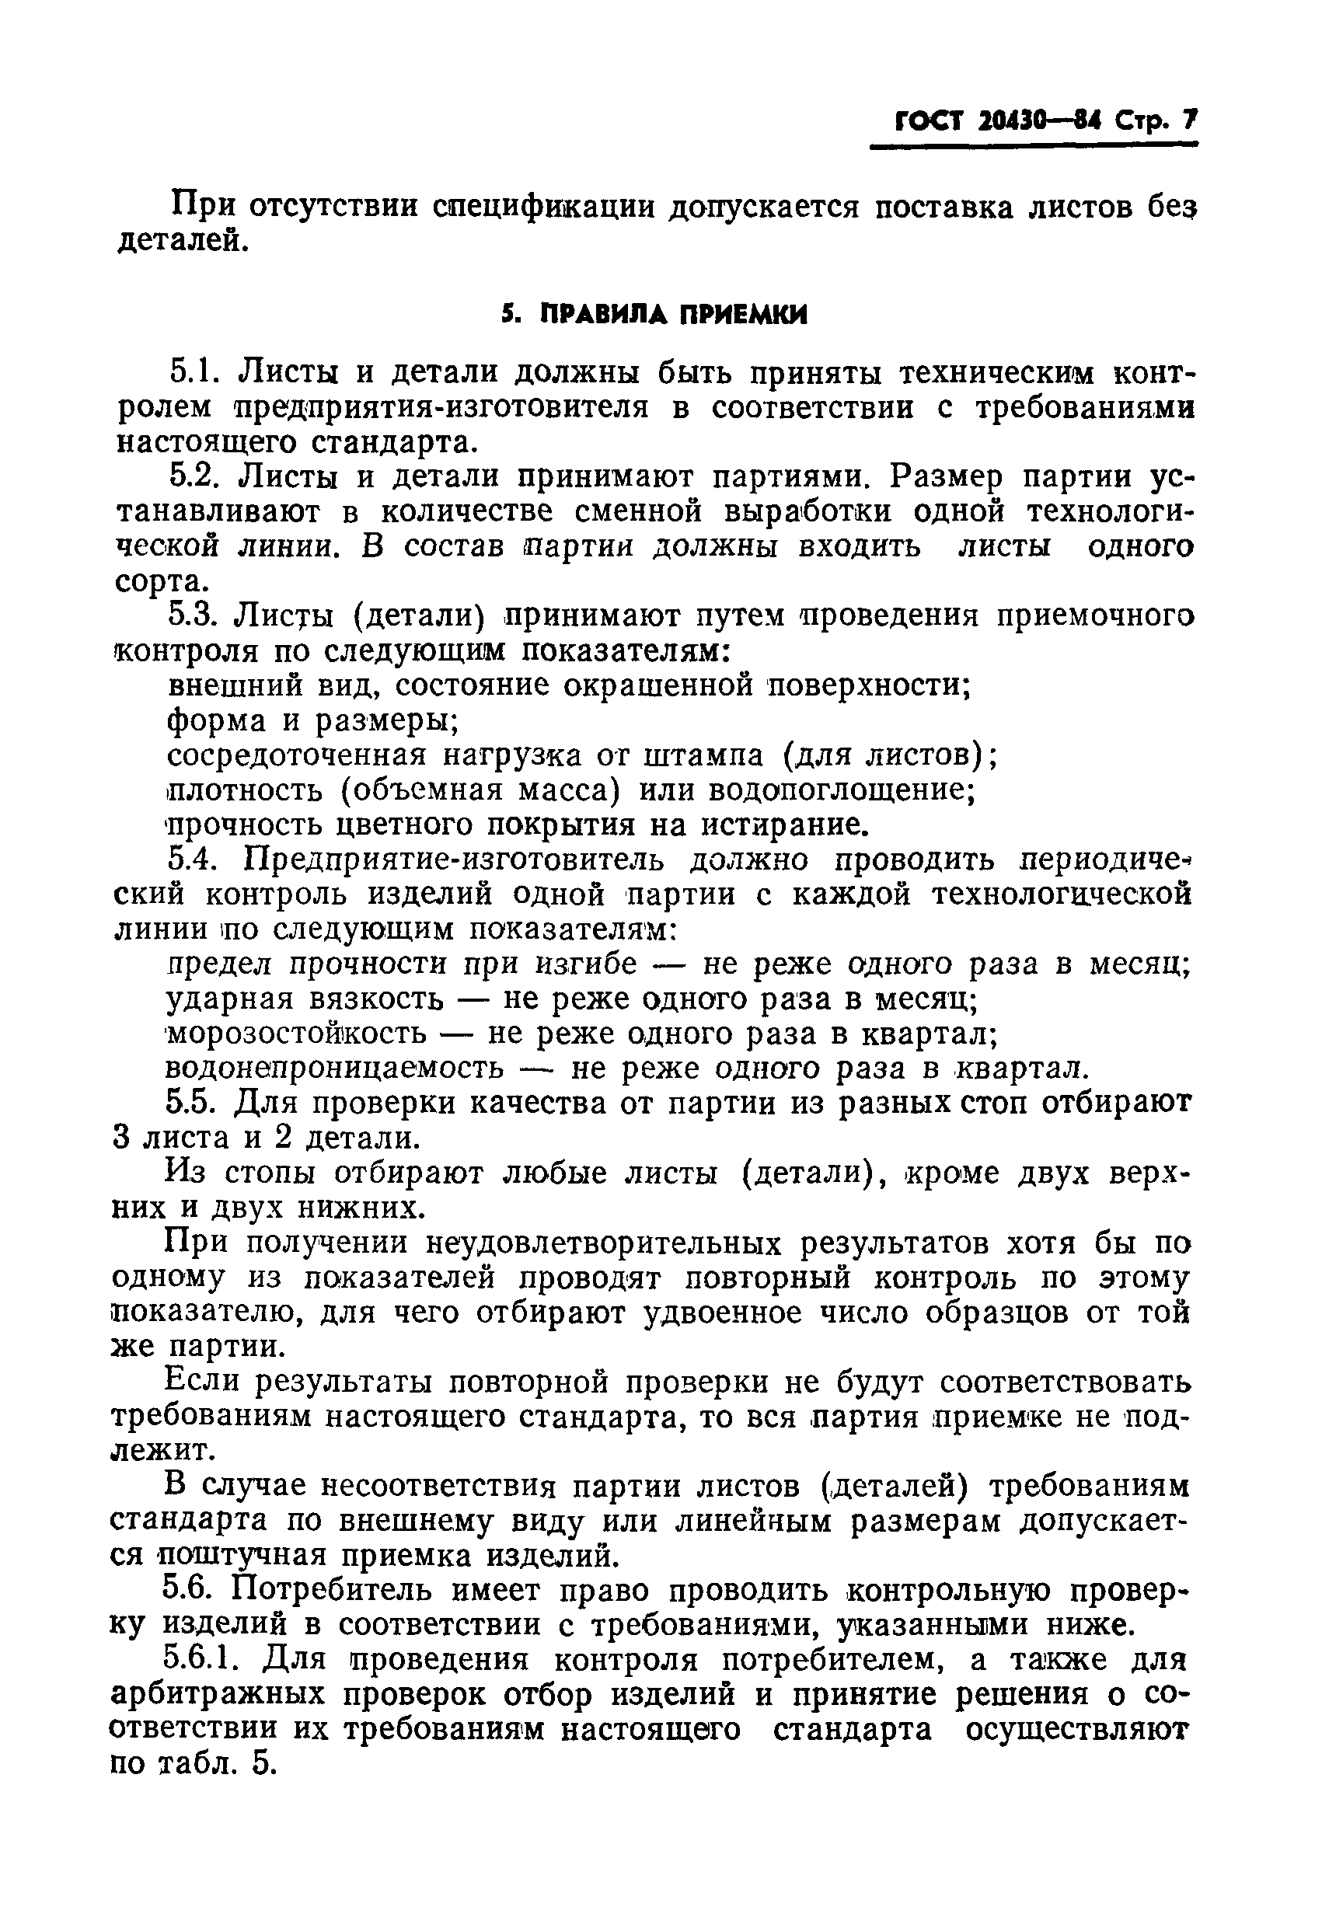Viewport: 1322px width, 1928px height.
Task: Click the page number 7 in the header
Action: pos(1189,122)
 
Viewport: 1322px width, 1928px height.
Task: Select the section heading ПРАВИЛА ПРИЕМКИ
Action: pos(673,315)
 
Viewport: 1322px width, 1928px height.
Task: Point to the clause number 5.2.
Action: pos(194,477)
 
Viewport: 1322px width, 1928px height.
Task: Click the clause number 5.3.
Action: pos(192,616)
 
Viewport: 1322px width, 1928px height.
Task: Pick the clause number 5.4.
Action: pos(193,860)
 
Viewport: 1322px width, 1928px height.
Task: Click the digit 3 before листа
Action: pos(122,1138)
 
